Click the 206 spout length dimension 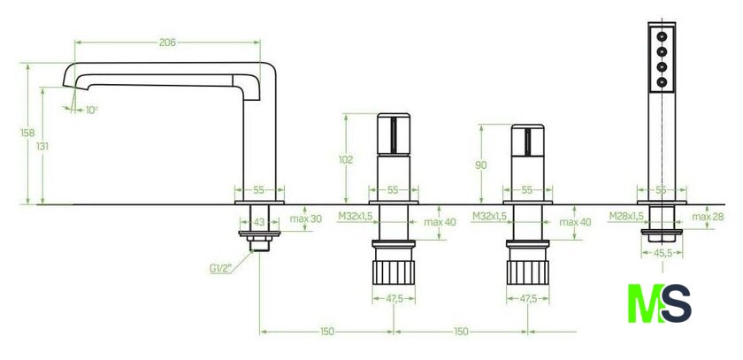click(167, 42)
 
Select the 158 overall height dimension click(27, 133)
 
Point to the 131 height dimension click(42, 146)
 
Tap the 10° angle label click(91, 110)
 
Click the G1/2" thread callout click(220, 268)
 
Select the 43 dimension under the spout click(258, 221)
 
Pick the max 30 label click(306, 218)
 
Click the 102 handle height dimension click(346, 160)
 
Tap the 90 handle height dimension click(481, 165)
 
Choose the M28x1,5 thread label click(626, 217)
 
